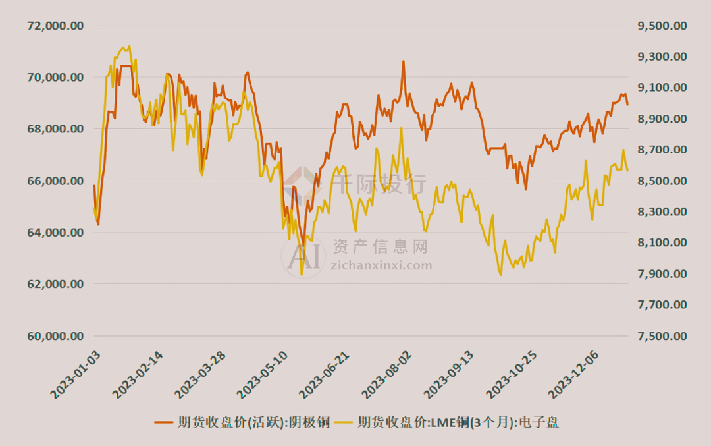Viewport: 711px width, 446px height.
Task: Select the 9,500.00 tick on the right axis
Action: pos(662,26)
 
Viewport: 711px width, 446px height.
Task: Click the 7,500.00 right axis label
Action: pos(662,336)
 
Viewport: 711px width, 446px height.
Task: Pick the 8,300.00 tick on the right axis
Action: pos(662,212)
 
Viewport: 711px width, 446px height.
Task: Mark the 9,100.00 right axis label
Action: pos(662,88)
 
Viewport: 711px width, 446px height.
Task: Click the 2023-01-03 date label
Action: pos(76,376)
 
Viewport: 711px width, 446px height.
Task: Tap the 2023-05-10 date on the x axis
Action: pos(261,376)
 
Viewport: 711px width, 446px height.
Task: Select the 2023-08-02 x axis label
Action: pos(385,376)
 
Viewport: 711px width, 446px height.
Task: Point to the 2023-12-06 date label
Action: pos(571,376)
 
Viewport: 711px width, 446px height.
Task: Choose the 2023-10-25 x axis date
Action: pos(509,376)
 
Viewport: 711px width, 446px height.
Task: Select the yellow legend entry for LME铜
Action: pos(447,422)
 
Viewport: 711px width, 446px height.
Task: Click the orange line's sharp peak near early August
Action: pos(403,61)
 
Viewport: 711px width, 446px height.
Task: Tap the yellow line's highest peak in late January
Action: pos(129,46)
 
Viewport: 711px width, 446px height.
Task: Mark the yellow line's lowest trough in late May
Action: pos(302,274)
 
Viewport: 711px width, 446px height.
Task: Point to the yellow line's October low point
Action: pos(500,275)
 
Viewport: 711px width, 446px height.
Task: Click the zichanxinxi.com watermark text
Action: pos(381,265)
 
